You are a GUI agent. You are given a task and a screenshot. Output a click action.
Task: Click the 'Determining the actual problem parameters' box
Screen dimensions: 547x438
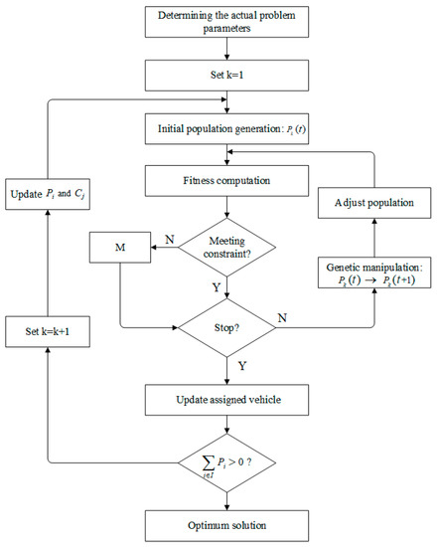point(229,21)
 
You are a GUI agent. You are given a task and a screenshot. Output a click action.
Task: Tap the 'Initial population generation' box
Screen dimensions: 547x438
point(229,128)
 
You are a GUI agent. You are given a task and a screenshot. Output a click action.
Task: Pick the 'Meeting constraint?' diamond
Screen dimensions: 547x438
point(229,243)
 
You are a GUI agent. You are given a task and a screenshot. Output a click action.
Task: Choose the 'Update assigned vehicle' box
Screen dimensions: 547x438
point(229,401)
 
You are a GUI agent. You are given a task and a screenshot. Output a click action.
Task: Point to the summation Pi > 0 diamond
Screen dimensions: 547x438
point(229,462)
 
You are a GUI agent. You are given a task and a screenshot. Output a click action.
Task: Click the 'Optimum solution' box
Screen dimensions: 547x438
point(229,522)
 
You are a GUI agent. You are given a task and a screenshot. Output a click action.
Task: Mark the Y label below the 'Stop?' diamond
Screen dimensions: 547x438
point(242,365)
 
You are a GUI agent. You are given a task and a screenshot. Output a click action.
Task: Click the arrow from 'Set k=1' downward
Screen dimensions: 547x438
point(229,99)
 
